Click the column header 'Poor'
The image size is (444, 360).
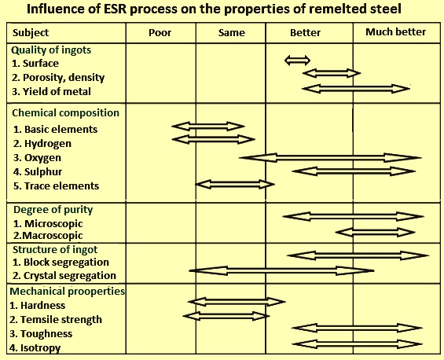tap(160, 33)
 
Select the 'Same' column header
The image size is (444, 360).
tap(232, 33)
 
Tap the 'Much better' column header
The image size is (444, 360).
tap(395, 32)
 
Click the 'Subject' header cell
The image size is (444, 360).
tap(31, 33)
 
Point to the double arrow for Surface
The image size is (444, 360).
tap(297, 61)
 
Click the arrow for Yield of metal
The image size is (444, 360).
tap(356, 89)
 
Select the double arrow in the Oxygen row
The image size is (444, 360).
tap(330, 157)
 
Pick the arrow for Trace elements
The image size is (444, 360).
tap(235, 185)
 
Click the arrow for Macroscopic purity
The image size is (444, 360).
tap(376, 233)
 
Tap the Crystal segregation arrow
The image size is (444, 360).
tap(282, 270)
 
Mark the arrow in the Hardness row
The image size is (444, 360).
tap(237, 302)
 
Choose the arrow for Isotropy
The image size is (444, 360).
tap(357, 344)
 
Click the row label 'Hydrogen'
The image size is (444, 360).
tap(48, 144)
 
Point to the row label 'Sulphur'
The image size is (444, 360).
tap(43, 172)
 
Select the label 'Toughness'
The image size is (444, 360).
tap(46, 333)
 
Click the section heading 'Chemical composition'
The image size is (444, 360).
tap(65, 113)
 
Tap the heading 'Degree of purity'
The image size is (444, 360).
tap(53, 210)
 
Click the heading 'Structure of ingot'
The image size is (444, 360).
tap(55, 249)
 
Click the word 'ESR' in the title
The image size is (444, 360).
tap(116, 9)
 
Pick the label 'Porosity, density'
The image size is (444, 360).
tap(64, 78)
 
